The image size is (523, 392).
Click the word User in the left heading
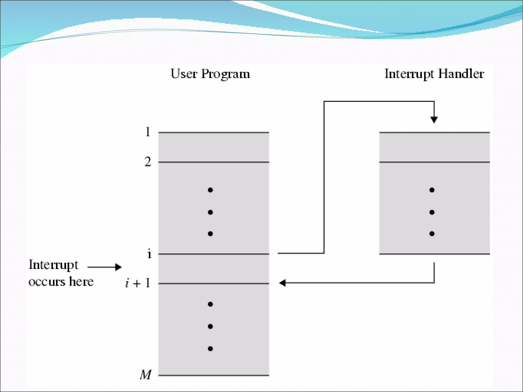click(x=184, y=74)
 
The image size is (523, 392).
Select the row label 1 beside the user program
click(x=147, y=132)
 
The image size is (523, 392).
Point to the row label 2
click(x=148, y=162)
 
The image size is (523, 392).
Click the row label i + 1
click(x=138, y=283)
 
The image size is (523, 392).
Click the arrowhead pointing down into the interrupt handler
click(x=434, y=119)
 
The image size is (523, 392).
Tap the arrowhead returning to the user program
click(x=282, y=283)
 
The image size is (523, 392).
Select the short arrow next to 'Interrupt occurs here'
click(x=105, y=267)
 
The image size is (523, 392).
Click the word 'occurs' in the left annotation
click(x=47, y=282)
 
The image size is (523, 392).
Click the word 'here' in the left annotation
click(x=81, y=281)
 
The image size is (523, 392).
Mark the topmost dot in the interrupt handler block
click(x=432, y=190)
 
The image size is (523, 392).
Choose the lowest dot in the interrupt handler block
click(x=432, y=234)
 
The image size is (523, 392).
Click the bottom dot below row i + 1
click(x=210, y=349)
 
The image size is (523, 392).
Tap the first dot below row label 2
click(x=210, y=190)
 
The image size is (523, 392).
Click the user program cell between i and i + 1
click(x=213, y=268)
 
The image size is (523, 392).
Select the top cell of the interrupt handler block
click(x=434, y=147)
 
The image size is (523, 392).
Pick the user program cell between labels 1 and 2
click(x=213, y=147)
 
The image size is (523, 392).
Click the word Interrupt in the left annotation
click(x=53, y=265)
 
